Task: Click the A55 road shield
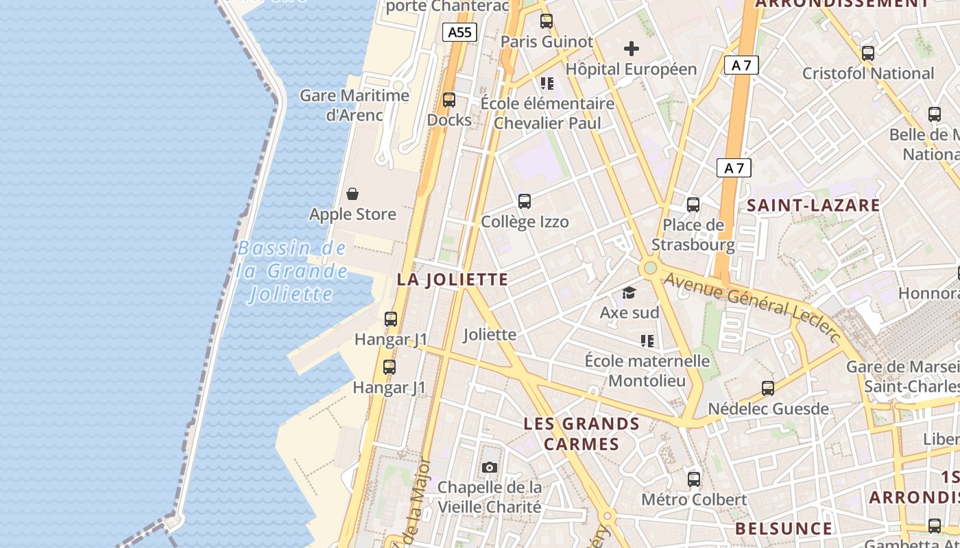[459, 32]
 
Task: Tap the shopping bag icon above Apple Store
[352, 194]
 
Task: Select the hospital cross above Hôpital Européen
[632, 49]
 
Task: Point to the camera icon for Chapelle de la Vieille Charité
[490, 467]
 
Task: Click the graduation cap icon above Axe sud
[629, 293]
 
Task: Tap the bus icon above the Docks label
[449, 100]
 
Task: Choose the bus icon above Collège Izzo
[525, 201]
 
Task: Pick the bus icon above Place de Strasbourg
[693, 205]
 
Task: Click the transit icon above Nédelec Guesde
[768, 388]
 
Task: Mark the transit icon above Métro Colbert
[694, 479]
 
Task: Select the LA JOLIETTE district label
[453, 279]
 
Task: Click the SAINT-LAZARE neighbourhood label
[813, 206]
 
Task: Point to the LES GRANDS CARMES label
[581, 434]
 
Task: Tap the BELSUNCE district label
[784, 529]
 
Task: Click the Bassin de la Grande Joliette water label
[291, 271]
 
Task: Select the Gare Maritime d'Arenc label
[355, 105]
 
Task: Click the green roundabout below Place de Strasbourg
[650, 268]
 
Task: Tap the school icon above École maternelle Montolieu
[647, 340]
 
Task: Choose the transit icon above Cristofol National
[868, 53]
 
